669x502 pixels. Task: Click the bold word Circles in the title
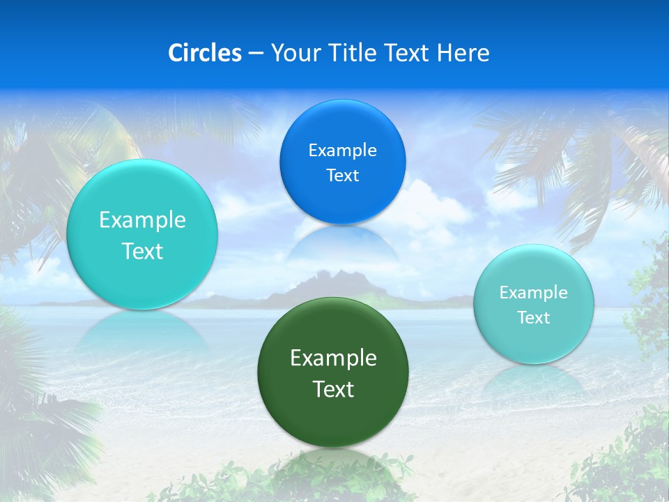pyautogui.click(x=205, y=53)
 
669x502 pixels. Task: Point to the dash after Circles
pyautogui.click(x=256, y=54)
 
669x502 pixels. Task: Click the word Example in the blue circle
pyautogui.click(x=342, y=150)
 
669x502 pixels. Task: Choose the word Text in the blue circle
pyautogui.click(x=342, y=175)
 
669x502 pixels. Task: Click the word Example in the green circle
pyautogui.click(x=333, y=358)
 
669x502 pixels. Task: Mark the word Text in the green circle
pyautogui.click(x=333, y=389)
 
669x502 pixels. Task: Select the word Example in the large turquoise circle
pyautogui.click(x=142, y=220)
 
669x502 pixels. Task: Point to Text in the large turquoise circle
pyautogui.click(x=142, y=251)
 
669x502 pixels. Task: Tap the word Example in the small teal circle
pyautogui.click(x=533, y=292)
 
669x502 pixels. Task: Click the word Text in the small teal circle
pyautogui.click(x=533, y=317)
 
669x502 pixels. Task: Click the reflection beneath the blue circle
pyautogui.click(x=342, y=244)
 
